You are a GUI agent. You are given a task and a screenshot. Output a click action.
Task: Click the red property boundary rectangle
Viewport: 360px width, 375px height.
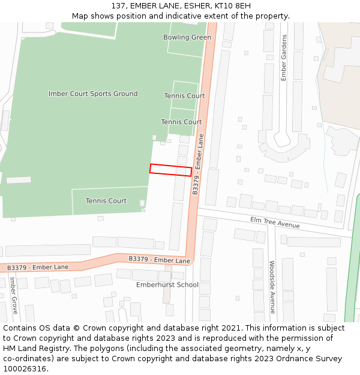[x=170, y=170]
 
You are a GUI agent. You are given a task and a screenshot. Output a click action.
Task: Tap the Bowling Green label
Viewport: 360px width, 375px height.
[x=187, y=37]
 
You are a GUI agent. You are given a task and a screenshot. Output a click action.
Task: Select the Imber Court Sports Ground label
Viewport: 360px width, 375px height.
[x=93, y=94]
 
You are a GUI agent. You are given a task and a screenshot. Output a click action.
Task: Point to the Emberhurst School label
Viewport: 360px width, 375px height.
[x=167, y=284]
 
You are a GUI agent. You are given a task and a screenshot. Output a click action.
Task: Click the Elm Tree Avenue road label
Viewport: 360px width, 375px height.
[x=274, y=223]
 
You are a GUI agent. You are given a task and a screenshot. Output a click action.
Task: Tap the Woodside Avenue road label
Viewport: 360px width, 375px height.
[x=272, y=287]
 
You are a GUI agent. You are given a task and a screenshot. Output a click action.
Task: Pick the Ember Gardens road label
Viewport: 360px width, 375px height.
[x=284, y=58]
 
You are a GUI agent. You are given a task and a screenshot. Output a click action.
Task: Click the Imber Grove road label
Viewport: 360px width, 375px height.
[x=13, y=295]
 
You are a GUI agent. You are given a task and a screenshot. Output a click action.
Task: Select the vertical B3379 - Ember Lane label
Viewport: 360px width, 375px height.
[x=198, y=164]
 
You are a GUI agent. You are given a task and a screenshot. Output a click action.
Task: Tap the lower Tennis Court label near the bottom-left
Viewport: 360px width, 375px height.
[x=106, y=201]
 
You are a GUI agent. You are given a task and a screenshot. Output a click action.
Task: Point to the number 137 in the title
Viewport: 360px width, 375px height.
[x=118, y=6]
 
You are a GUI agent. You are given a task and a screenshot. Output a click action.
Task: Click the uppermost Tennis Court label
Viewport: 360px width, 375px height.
[x=184, y=96]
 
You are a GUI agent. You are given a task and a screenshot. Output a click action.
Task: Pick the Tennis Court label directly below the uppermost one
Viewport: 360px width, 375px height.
[x=181, y=122]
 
